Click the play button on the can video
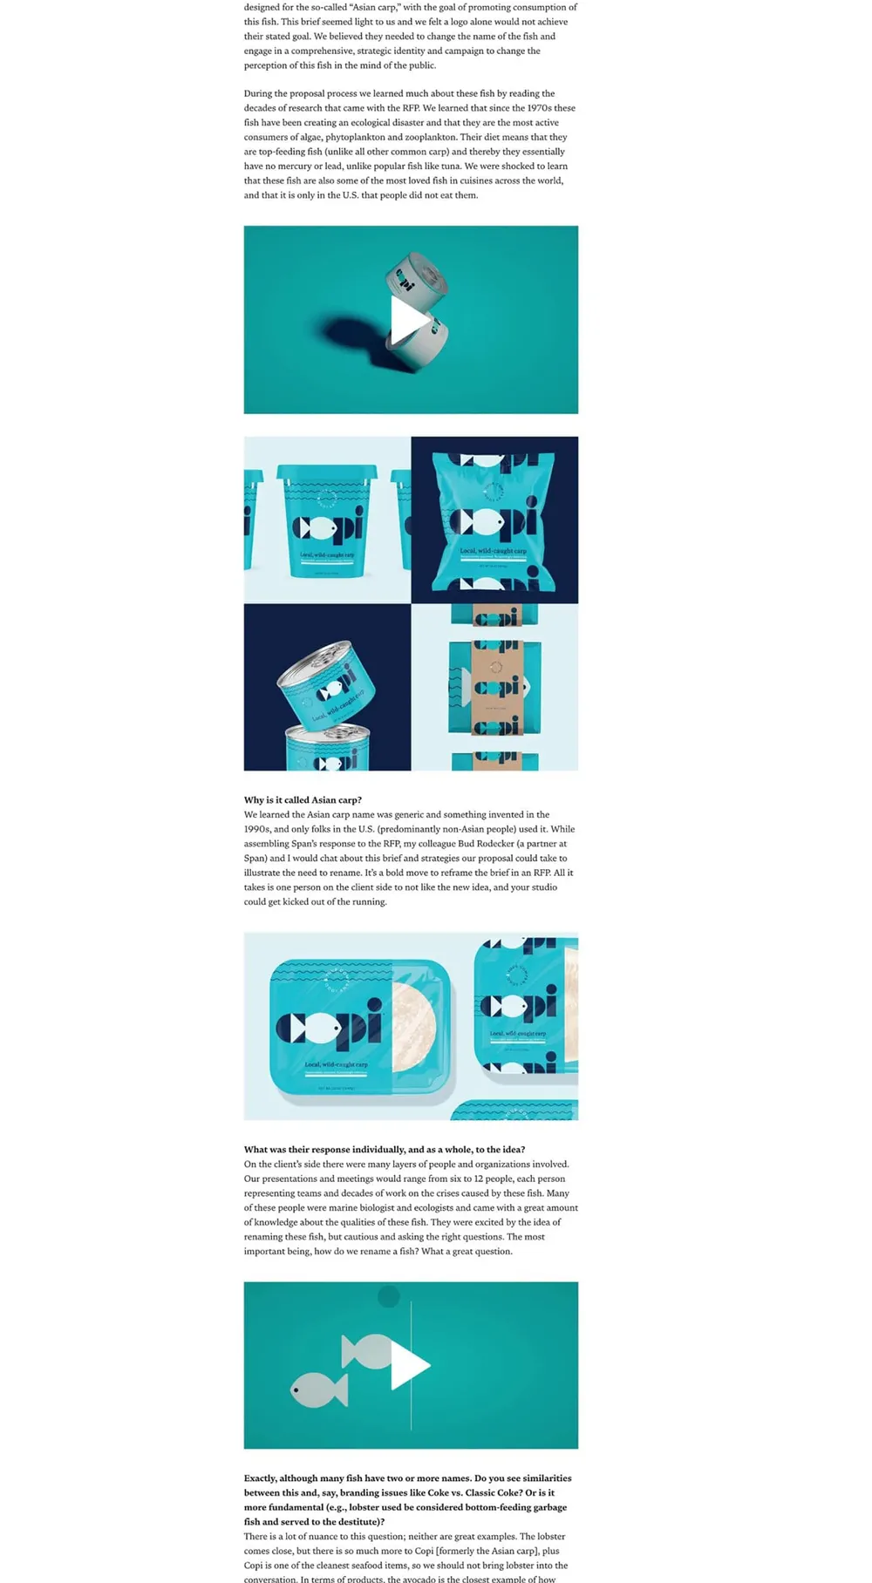pyautogui.click(x=410, y=321)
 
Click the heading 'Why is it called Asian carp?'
pyautogui.click(x=303, y=799)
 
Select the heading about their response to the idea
pyautogui.click(x=384, y=1149)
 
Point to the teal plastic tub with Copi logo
pyautogui.click(x=327, y=520)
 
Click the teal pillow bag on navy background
pyautogui.click(x=494, y=520)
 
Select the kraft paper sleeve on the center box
pyautogui.click(x=495, y=687)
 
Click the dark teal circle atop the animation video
pyautogui.click(x=388, y=1297)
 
